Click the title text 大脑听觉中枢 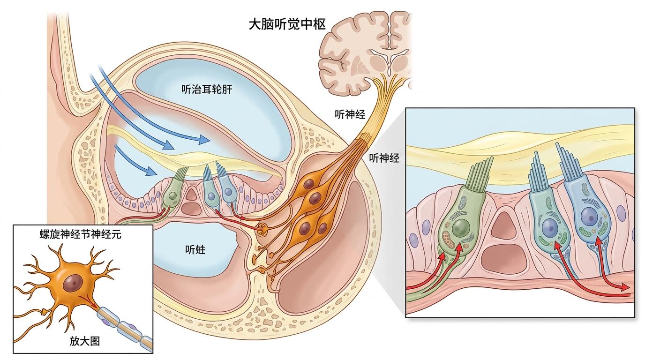pos(286,24)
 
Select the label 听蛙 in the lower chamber pos(195,250)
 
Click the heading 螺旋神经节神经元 pos(81,235)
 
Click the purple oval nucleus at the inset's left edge pos(414,240)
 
